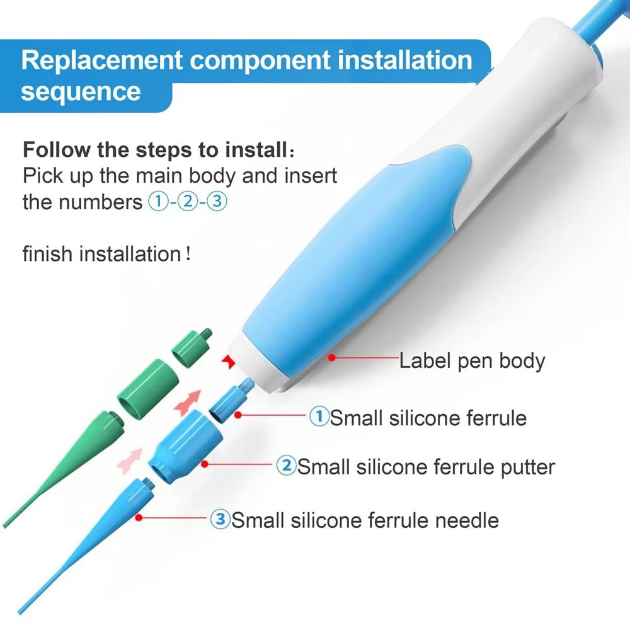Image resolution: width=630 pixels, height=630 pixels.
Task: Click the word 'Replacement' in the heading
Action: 101,60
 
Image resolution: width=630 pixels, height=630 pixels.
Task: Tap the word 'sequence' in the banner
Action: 81,91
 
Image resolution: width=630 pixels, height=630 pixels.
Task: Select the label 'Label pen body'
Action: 472,361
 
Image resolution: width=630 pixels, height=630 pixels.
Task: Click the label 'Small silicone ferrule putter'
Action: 426,467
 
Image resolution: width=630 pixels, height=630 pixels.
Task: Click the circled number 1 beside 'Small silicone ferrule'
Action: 319,416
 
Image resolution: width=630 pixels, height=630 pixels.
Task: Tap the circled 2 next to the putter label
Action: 286,466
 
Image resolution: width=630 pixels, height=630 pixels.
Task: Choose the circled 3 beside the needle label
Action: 220,520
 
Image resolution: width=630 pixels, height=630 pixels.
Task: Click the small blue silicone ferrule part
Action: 227,401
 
